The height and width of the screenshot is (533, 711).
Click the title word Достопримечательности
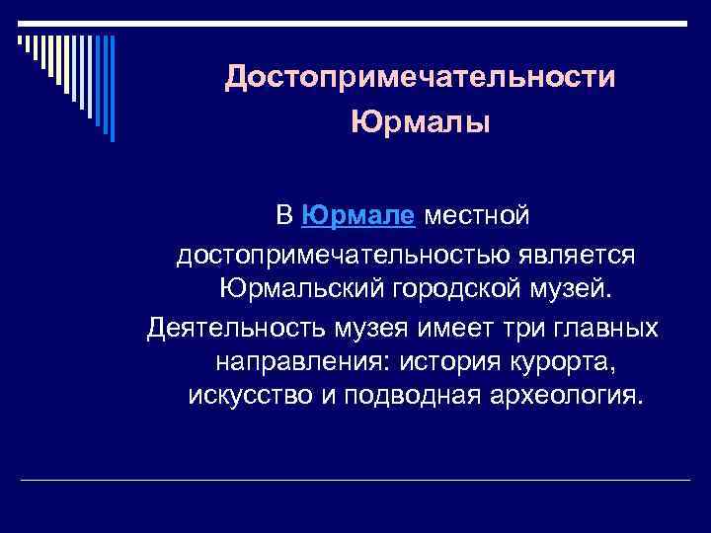click(420, 77)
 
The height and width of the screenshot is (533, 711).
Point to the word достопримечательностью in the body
click(342, 254)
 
